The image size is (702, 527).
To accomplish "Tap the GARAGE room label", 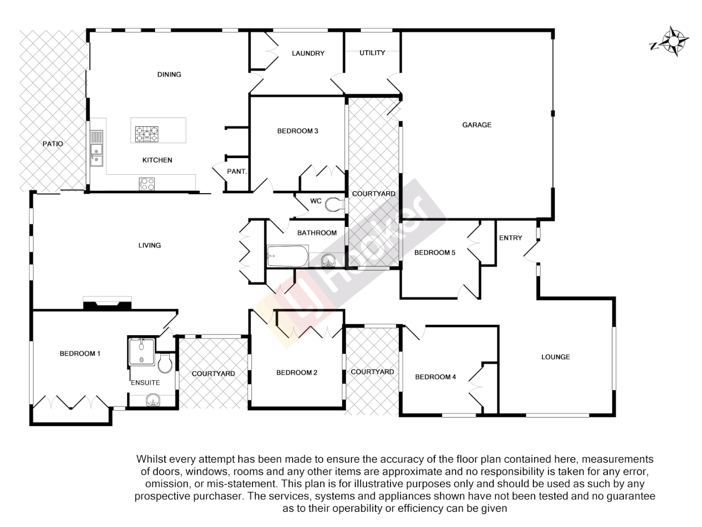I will (476, 125).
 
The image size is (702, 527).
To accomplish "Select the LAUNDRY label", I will (308, 53).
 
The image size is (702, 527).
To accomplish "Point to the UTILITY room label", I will (372, 53).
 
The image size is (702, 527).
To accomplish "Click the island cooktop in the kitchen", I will (147, 134).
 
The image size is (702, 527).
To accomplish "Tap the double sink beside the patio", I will (97, 149).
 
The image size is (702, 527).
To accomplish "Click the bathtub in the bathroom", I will (287, 256).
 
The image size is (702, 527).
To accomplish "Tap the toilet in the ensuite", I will (166, 363).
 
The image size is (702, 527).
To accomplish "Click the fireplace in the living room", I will (107, 304).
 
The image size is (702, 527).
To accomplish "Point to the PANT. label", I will (237, 172).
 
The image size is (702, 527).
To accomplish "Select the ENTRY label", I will (510, 238).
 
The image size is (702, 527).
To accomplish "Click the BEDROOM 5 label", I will (434, 253).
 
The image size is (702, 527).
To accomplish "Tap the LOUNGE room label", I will (555, 357).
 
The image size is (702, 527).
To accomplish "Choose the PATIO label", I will (53, 144).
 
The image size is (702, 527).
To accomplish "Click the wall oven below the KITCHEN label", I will (147, 184).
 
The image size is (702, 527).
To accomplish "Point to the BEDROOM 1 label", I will (80, 353).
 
